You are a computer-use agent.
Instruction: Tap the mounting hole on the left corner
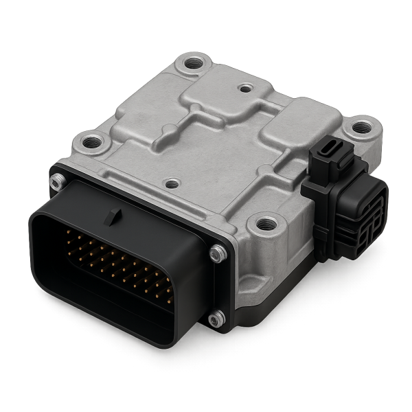[90, 144]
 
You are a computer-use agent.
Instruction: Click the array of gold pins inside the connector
[117, 268]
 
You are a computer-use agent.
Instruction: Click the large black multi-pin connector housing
[117, 275]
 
